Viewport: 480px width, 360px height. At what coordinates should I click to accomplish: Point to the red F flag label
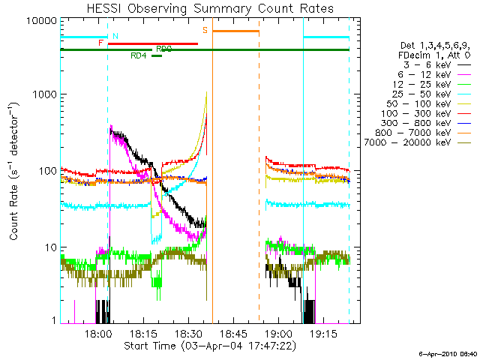click(101, 43)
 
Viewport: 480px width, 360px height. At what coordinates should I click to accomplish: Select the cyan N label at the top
click(115, 35)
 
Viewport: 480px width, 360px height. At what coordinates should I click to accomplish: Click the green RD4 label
click(139, 55)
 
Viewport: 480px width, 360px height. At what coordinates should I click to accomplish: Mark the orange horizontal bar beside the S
click(235, 31)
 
